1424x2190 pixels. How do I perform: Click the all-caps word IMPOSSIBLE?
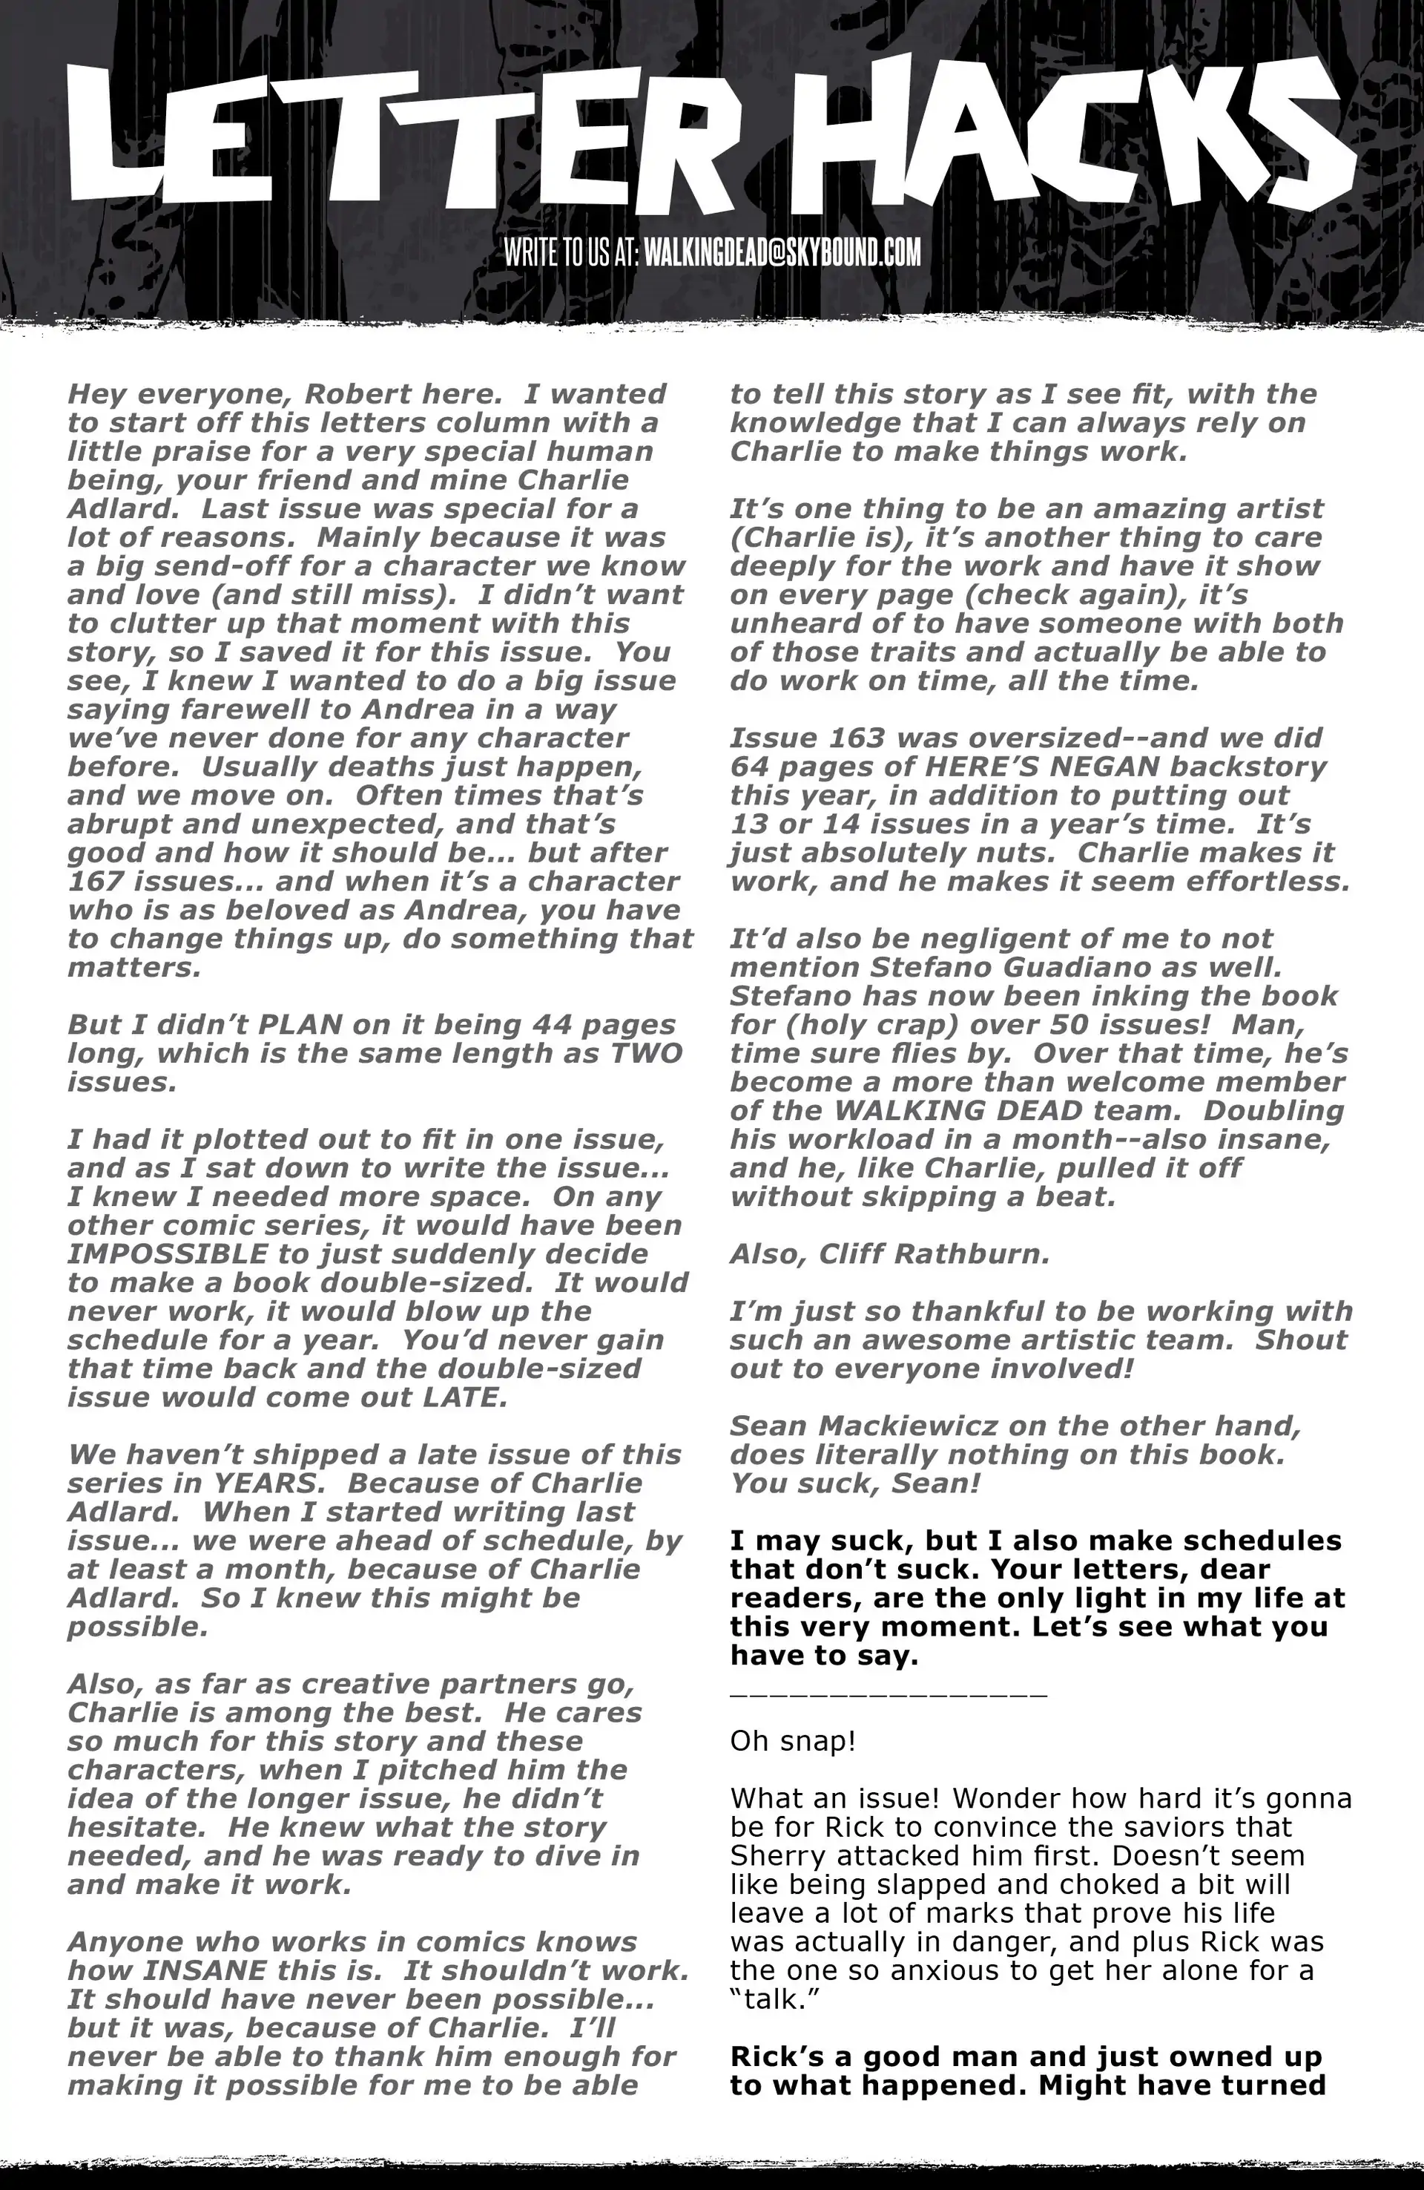pos(168,1254)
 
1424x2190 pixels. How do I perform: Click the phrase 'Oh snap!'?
pos(792,1742)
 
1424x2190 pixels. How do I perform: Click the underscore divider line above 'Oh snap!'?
pos(888,1691)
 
